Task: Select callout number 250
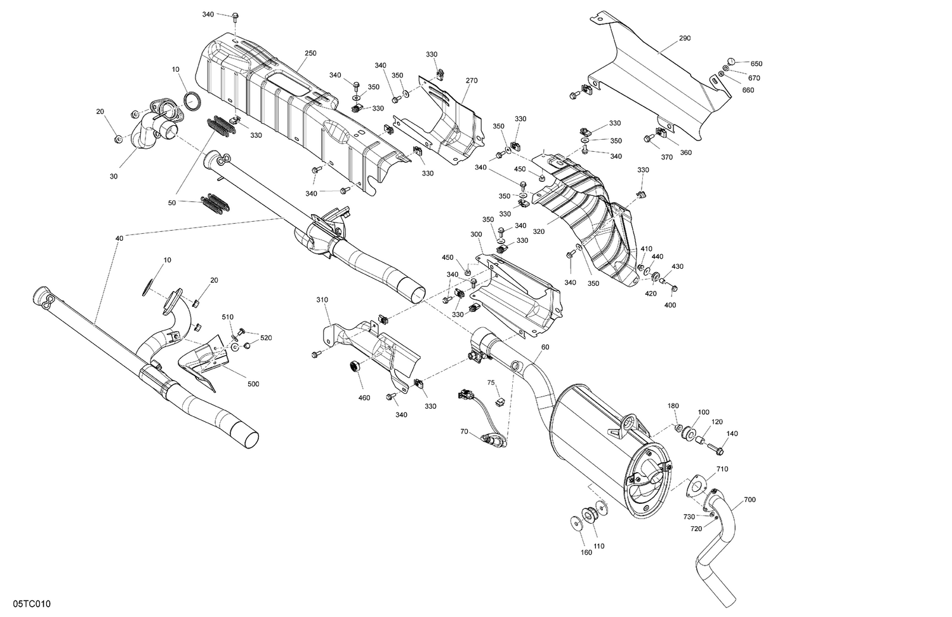point(310,53)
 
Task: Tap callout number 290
point(684,39)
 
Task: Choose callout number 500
point(253,384)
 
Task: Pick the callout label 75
point(491,383)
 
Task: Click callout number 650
point(757,64)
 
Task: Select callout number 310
point(322,299)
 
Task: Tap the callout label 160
point(586,552)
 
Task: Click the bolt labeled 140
point(716,449)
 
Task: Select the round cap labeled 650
point(731,61)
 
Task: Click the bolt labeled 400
point(674,289)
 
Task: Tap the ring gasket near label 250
point(192,100)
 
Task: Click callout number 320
point(538,231)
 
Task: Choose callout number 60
point(545,348)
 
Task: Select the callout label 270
point(471,81)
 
